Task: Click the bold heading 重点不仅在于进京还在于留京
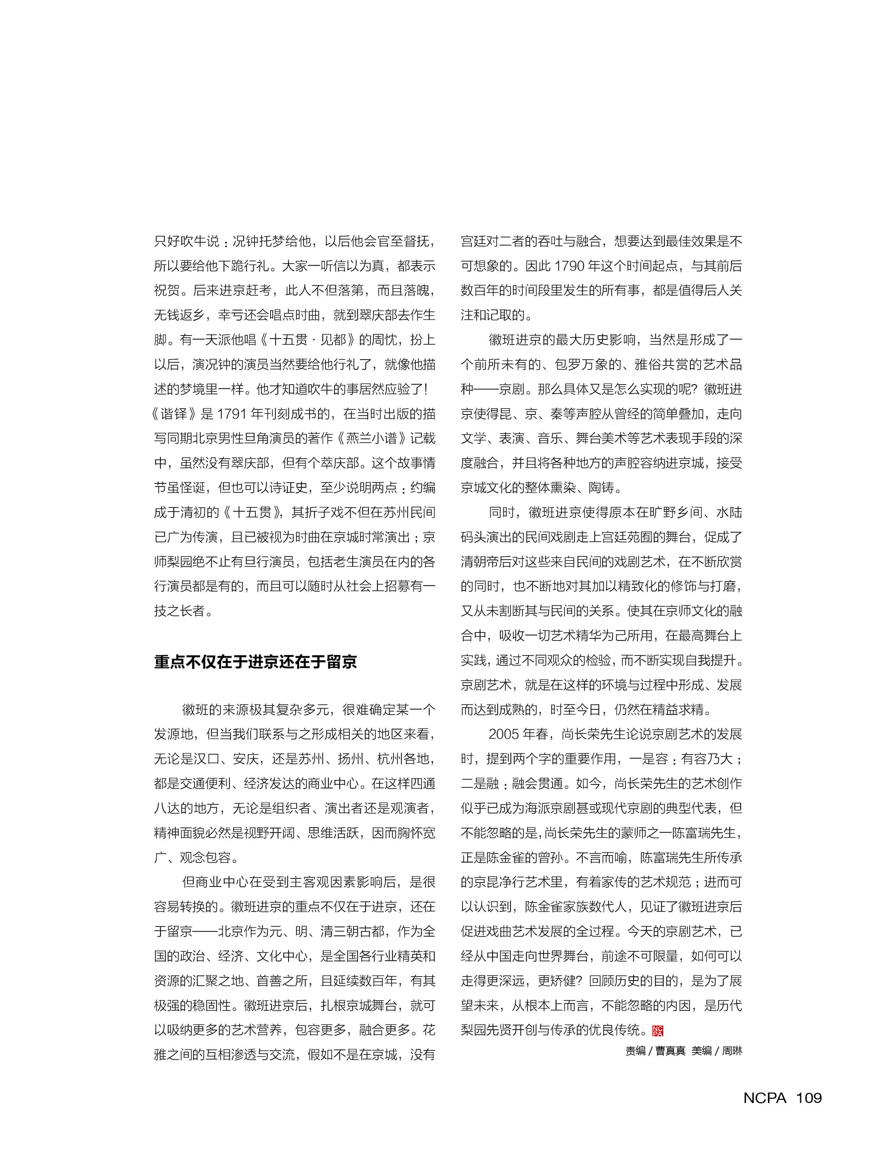[255, 662]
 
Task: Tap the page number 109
[809, 1097]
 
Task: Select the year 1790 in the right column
[569, 266]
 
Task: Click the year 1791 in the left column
[232, 414]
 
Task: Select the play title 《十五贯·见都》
[307, 340]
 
